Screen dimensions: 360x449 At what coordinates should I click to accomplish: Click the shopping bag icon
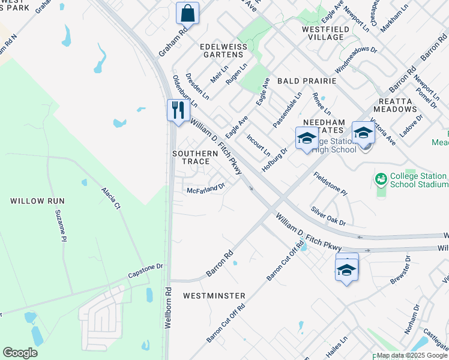[x=187, y=12]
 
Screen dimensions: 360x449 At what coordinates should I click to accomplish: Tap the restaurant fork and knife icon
[x=178, y=110]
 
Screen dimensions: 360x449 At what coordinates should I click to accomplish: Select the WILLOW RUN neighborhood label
[x=37, y=201]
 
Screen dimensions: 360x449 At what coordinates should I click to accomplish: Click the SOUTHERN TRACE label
[x=191, y=157]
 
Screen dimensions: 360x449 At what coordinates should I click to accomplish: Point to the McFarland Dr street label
[x=205, y=188]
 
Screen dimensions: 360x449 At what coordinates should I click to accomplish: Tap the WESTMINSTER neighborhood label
[x=214, y=296]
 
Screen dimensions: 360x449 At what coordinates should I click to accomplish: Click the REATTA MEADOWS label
[x=394, y=105]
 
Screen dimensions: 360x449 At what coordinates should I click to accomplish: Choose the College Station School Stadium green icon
[x=380, y=179]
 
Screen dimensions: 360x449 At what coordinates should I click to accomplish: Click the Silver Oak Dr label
[x=328, y=216]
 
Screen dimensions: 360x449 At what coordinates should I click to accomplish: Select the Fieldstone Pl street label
[x=331, y=184]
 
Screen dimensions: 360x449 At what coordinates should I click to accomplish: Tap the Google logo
[x=20, y=353]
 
